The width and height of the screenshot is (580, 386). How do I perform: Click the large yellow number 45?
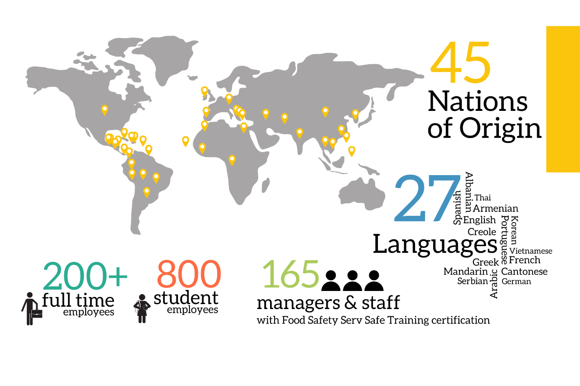click(460, 63)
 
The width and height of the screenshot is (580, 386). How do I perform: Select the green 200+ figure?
click(85, 275)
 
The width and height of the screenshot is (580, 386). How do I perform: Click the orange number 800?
click(189, 275)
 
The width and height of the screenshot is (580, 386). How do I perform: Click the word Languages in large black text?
click(435, 244)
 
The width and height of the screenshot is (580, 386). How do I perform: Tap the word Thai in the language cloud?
click(483, 198)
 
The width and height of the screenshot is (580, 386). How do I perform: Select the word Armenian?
click(495, 209)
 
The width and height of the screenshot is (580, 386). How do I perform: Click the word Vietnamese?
click(531, 251)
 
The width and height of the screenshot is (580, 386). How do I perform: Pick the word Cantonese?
click(524, 272)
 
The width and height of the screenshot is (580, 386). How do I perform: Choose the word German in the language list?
click(516, 281)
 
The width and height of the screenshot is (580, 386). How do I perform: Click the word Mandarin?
click(466, 272)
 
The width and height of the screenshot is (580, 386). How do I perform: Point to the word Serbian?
click(473, 281)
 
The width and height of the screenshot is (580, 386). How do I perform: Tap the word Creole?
click(482, 232)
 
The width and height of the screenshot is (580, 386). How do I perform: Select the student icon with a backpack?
click(142, 309)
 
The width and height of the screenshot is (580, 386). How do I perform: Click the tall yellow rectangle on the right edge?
click(563, 99)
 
